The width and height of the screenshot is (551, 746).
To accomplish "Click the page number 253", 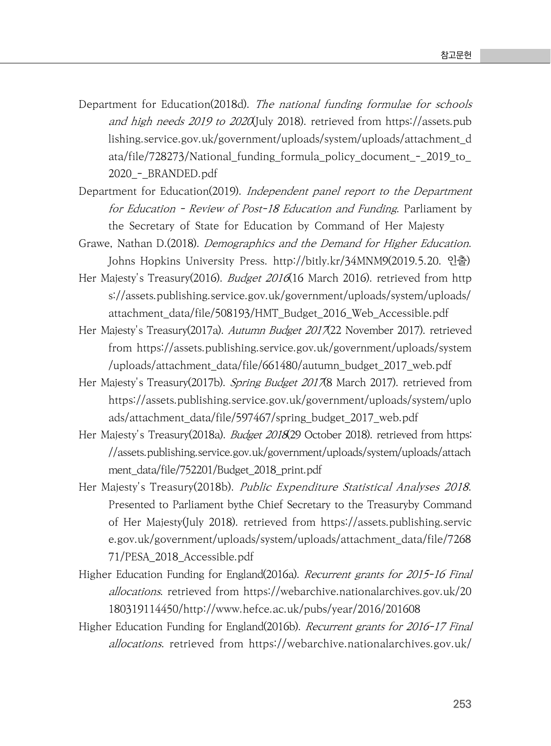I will click(462, 704).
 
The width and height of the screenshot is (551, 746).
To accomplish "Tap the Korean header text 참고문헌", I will click(456, 56).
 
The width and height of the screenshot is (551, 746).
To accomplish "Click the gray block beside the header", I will click(515, 56).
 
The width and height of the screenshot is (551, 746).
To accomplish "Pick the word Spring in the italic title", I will click(245, 383).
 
